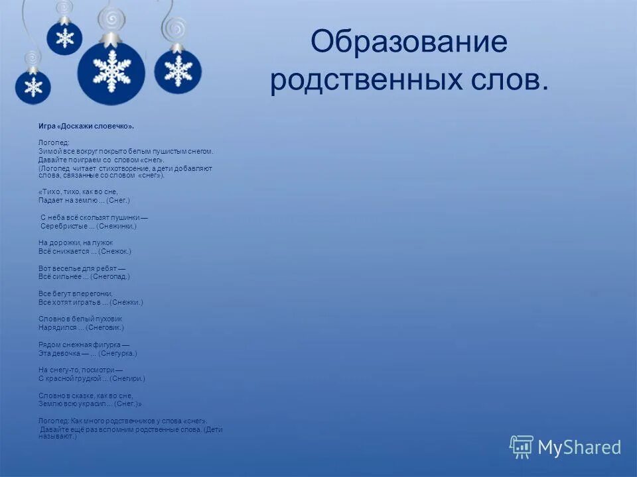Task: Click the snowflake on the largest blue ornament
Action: pyautogui.click(x=111, y=69)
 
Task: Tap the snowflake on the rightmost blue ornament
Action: pyautogui.click(x=178, y=71)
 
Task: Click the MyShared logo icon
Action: pyautogui.click(x=521, y=447)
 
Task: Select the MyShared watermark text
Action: pyautogui.click(x=579, y=448)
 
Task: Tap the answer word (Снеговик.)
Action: pyautogui.click(x=105, y=327)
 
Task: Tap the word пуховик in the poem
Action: pyautogui.click(x=106, y=319)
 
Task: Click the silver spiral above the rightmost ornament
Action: pyautogui.click(x=175, y=28)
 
